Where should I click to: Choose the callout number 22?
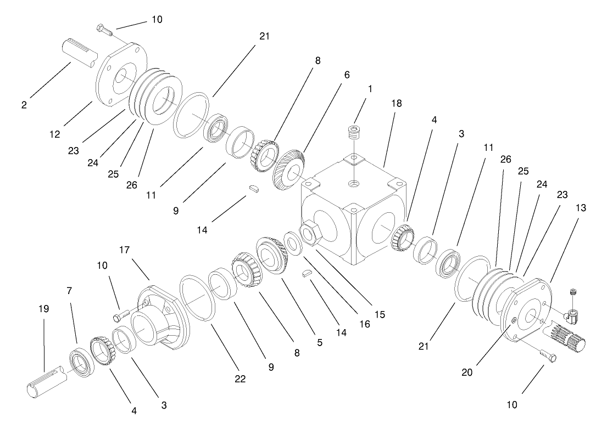click(x=241, y=379)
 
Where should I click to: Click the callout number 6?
click(x=346, y=74)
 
